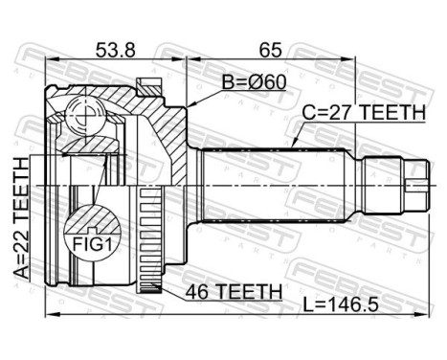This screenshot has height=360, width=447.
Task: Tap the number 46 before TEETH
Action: pos(194,291)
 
